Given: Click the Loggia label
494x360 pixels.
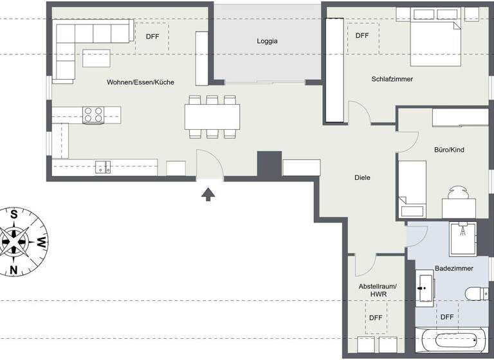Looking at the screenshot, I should point(267,41).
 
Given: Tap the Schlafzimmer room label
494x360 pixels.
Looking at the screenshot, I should point(392,79).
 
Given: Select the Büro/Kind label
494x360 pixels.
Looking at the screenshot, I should point(449,150).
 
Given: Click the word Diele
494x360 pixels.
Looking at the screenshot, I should point(363,177).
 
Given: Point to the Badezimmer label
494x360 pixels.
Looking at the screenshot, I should point(454,267).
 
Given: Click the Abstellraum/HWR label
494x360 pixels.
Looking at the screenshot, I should point(378,290).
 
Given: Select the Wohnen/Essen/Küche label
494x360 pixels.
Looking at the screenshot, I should point(140,82).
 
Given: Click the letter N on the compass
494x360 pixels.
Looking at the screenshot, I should point(14,269).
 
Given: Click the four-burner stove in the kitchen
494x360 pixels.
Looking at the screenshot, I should point(93,115).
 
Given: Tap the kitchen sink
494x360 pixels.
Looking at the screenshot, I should point(103,167).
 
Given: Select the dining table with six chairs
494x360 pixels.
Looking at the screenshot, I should point(212,117).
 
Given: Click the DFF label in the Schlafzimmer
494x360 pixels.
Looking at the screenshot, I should point(362,36).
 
